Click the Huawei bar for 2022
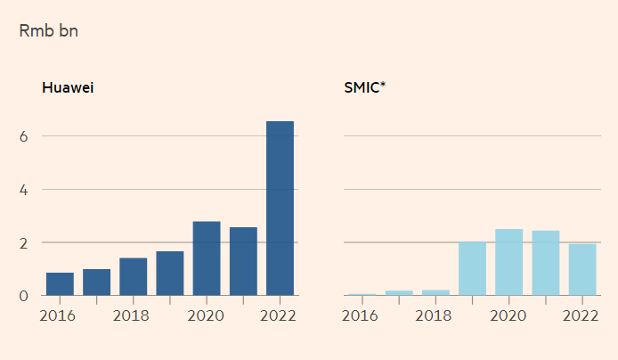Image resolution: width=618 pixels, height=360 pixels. pyautogui.click(x=280, y=209)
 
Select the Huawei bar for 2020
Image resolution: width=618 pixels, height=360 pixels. pyautogui.click(x=207, y=258)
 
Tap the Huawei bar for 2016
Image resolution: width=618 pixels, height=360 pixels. pyautogui.click(x=60, y=284)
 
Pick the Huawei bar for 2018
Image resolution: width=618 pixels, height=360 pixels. pyautogui.click(x=133, y=276)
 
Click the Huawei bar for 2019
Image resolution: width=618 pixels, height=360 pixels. pyautogui.click(x=169, y=274)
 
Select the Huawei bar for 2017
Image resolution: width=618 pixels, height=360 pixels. pyautogui.click(x=96, y=282)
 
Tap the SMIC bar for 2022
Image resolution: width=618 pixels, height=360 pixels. pyautogui.click(x=582, y=269)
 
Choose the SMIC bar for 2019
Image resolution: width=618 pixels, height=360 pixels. pyautogui.click(x=472, y=268)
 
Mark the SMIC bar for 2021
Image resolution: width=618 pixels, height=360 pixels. pyautogui.click(x=546, y=263)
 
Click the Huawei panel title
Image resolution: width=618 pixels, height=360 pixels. pyautogui.click(x=69, y=88)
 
